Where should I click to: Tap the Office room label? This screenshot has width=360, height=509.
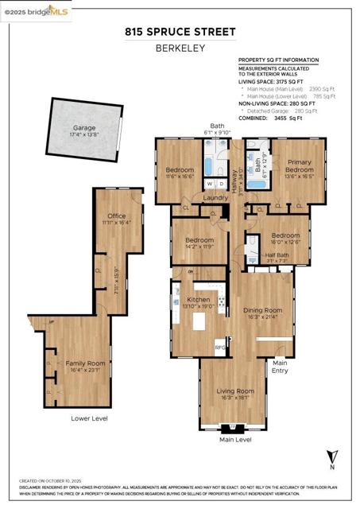(x=117, y=216)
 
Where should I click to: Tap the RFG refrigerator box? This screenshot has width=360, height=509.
(x=221, y=348)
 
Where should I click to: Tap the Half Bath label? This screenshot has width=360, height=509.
(x=275, y=255)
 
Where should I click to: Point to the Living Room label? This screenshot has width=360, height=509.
(x=236, y=390)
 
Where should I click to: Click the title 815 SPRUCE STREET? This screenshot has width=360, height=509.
(x=180, y=32)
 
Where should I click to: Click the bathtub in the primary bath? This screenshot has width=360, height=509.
(x=257, y=185)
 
